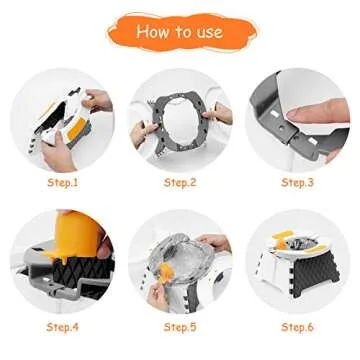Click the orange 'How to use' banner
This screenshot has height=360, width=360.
(180, 32)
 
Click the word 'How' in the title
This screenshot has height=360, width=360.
(153, 32)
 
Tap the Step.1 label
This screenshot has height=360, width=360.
(62, 183)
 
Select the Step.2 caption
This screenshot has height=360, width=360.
(180, 183)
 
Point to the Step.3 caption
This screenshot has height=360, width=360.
(297, 183)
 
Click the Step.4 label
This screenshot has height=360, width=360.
(62, 327)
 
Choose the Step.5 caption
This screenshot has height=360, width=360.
(180, 327)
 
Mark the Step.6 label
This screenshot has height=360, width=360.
(297, 327)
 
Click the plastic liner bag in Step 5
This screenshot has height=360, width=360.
(180, 255)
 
